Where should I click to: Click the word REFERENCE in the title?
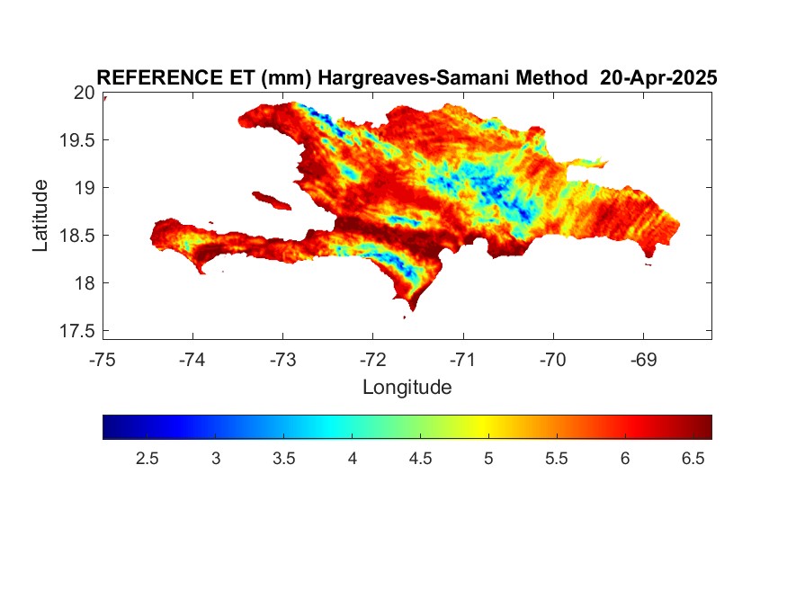point(159,77)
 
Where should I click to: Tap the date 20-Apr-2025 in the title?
point(658,77)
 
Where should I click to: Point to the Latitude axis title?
point(40,215)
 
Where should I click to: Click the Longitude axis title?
point(407,388)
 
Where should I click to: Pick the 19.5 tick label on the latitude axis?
point(77,140)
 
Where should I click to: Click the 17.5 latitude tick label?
point(77,331)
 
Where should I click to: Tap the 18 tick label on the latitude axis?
point(85,283)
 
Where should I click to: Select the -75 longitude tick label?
point(103,360)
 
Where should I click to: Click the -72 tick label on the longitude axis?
point(373,360)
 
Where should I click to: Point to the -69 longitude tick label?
point(643,360)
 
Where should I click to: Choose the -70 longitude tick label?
point(553,360)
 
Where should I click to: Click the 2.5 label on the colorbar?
point(148,459)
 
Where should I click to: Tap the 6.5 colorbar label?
point(693,459)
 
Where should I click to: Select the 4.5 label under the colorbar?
point(420,459)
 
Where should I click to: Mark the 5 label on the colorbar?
point(488,459)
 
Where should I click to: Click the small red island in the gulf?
point(272,201)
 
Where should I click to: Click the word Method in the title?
point(552,77)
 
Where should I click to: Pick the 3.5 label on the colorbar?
point(283,459)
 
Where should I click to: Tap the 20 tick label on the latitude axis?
point(85,93)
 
